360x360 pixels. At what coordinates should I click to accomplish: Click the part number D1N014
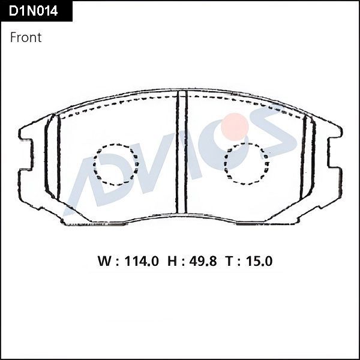coord(34,11)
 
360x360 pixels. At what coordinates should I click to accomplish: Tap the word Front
coord(26,37)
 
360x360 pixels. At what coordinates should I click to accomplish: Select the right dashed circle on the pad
coord(246,162)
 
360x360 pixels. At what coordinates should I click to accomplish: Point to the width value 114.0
coord(142,262)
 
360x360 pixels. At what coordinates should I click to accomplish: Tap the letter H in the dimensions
coord(172,262)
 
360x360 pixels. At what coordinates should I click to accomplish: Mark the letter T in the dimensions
coord(229,262)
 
